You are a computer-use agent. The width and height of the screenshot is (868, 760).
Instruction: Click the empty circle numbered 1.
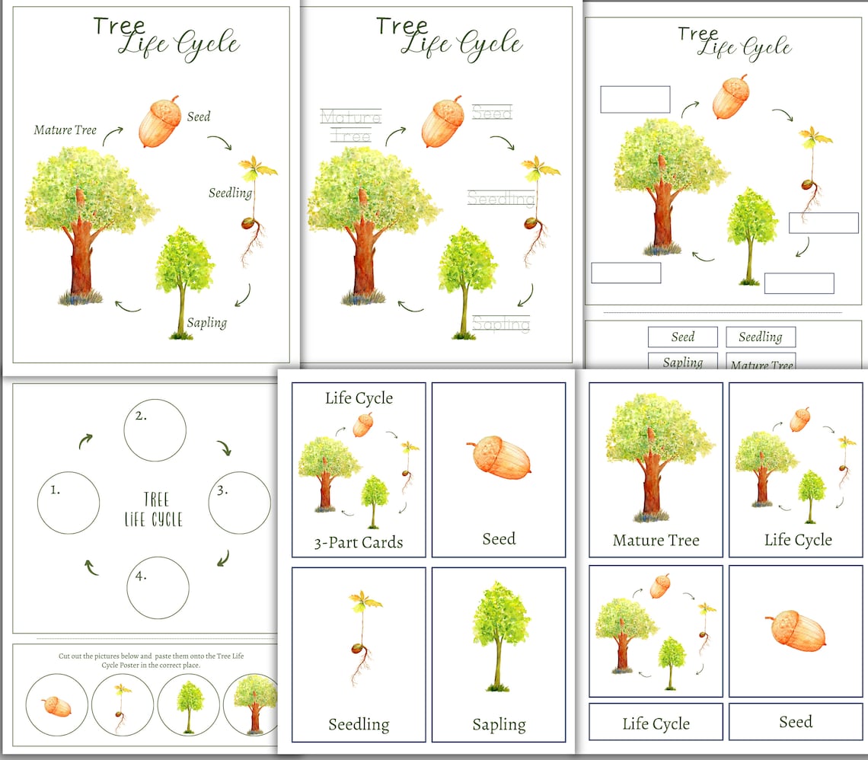tap(69, 502)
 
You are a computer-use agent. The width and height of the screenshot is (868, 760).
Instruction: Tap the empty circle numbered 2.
tap(155, 430)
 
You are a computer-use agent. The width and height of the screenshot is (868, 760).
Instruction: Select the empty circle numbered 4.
tap(158, 587)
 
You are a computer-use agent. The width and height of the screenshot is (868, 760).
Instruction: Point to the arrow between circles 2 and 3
tap(225, 448)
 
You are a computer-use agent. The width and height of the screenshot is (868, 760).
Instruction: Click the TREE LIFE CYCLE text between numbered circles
tap(153, 509)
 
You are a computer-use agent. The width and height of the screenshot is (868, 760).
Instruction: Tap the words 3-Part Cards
tap(359, 543)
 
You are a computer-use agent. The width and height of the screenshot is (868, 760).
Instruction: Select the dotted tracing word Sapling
tap(500, 324)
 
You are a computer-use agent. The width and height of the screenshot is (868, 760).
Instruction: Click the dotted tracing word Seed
tap(492, 113)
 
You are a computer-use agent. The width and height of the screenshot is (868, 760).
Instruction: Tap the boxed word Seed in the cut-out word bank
tap(683, 337)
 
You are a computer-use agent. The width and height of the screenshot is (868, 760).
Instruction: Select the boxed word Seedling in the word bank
tap(761, 337)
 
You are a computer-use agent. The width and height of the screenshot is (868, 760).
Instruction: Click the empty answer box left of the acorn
tap(635, 99)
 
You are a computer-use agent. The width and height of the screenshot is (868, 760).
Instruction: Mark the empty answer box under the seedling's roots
tap(824, 222)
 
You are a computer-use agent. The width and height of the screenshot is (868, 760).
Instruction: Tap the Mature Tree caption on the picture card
tap(656, 541)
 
